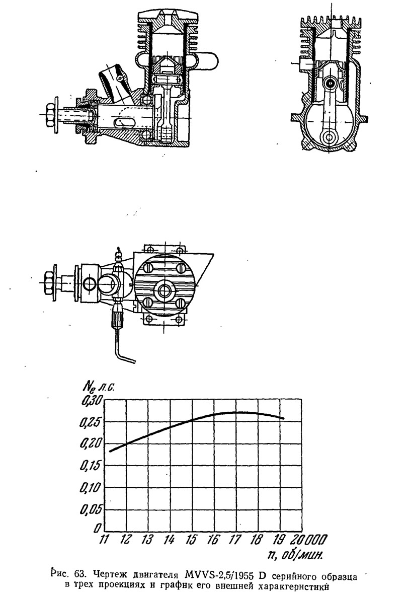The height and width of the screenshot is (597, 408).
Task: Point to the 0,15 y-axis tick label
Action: (91, 466)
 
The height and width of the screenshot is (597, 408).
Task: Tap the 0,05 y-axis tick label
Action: (91, 509)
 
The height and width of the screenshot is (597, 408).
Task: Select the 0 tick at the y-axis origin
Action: (98, 528)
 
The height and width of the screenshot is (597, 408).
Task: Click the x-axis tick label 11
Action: (104, 540)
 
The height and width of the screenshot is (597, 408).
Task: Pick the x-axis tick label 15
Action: (192, 540)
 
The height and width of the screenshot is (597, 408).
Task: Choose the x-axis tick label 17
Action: (235, 540)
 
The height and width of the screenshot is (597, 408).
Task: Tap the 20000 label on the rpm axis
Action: (309, 540)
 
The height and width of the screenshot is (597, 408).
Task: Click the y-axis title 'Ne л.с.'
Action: (99, 387)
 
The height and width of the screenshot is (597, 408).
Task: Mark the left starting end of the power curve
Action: (110, 451)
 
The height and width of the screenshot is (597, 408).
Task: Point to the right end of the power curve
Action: (284, 419)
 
